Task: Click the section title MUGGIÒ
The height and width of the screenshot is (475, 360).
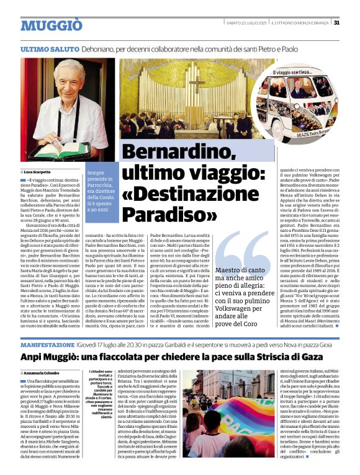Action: [x=51, y=25]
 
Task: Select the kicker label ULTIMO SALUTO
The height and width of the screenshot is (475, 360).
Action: [x=49, y=48]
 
